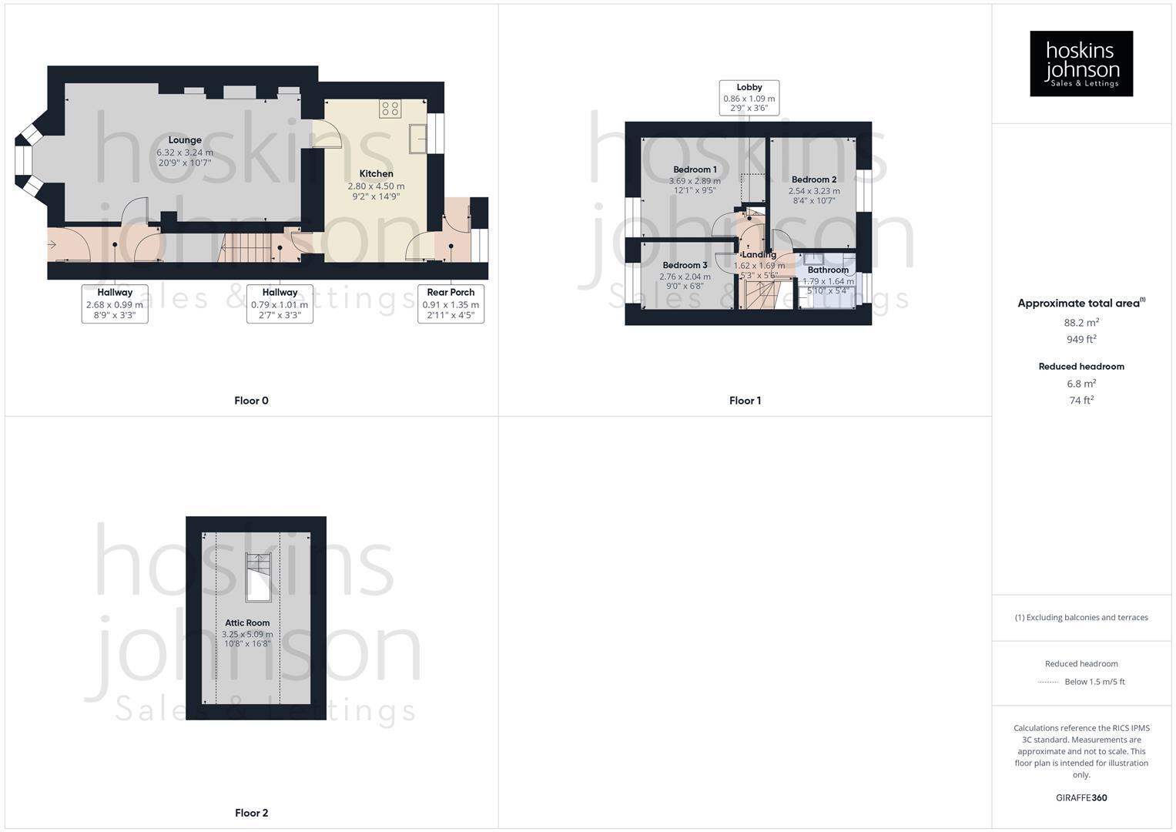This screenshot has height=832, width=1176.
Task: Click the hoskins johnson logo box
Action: tap(1081, 63)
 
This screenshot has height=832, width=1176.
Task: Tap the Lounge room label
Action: tap(185, 140)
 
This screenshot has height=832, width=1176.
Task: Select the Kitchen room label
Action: tap(376, 174)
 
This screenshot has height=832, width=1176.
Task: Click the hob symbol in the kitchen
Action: tap(390, 109)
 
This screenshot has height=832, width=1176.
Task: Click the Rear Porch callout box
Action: tap(451, 304)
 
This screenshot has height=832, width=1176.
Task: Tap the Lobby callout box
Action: tap(749, 98)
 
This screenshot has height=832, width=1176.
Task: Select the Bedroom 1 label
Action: tap(695, 169)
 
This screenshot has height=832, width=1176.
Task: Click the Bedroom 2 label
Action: tap(813, 179)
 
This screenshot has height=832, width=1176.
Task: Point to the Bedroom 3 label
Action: tap(685, 266)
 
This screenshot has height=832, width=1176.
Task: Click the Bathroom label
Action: tap(828, 270)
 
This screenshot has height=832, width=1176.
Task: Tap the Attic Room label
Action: tap(247, 623)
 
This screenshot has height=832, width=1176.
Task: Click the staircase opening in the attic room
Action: tap(258, 576)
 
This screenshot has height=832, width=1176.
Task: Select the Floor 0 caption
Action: tap(251, 401)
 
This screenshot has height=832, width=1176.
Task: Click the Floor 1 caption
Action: tap(745, 401)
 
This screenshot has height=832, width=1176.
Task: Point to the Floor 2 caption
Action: tap(251, 813)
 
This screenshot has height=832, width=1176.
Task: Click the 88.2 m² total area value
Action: tap(1081, 323)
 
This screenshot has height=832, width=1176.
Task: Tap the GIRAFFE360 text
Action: tap(1081, 798)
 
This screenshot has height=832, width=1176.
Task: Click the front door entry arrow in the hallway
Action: tap(52, 245)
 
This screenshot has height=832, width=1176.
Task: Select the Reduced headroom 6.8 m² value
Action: tap(1081, 384)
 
